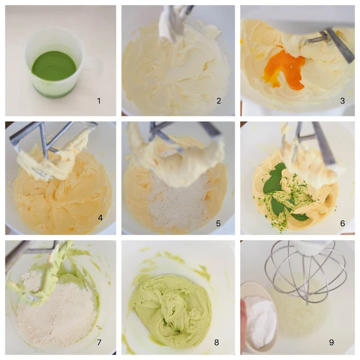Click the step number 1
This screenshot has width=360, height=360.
click(x=99, y=101)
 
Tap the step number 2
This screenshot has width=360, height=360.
click(x=219, y=101)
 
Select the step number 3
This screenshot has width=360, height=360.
click(x=343, y=101)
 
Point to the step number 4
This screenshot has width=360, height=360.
click(x=100, y=218)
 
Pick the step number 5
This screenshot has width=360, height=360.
click(x=218, y=223)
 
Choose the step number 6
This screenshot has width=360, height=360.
click(x=343, y=223)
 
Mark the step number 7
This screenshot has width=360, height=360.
click(x=99, y=343)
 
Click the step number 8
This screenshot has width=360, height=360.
click(x=216, y=343)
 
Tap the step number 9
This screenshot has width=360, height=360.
click(x=331, y=343)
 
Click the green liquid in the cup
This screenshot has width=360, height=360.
click(x=54, y=66)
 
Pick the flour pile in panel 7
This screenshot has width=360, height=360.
click(x=56, y=308)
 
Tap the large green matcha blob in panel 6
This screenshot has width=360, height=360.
click(x=273, y=178)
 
